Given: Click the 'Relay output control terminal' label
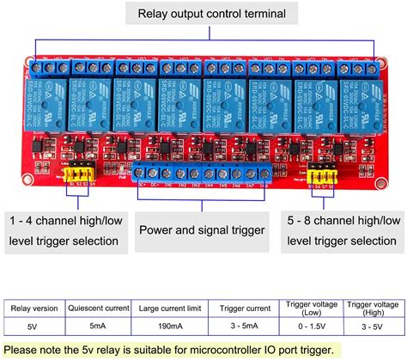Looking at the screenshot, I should pyautogui.click(x=204, y=14).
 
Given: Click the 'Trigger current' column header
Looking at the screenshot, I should pyautogui.click(x=245, y=307).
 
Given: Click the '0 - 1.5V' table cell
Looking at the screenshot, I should pyautogui.click(x=310, y=326).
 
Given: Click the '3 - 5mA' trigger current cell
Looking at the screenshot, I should pyautogui.click(x=245, y=326).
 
